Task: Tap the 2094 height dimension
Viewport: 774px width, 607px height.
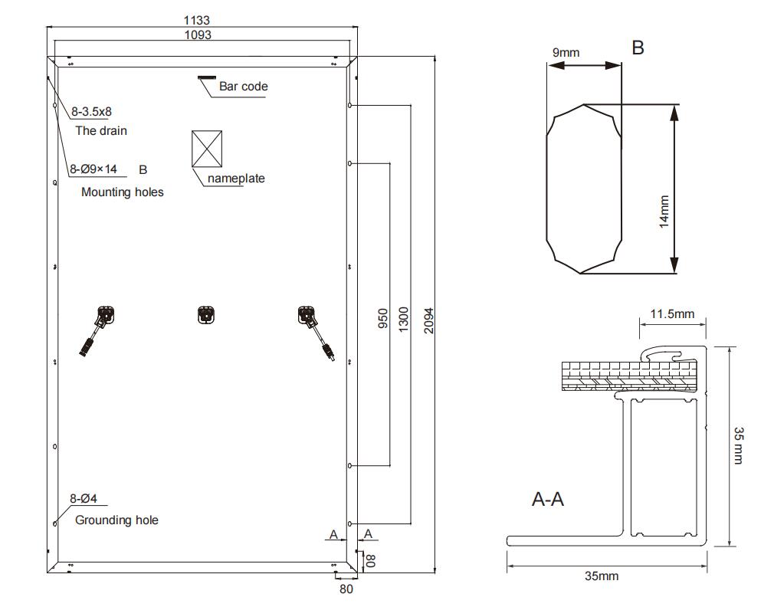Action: [x=428, y=318]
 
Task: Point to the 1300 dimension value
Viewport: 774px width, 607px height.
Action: [x=404, y=318]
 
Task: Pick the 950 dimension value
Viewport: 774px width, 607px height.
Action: [x=383, y=318]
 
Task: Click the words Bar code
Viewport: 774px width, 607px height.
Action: [x=244, y=87]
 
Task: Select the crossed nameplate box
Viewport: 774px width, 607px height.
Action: [x=207, y=148]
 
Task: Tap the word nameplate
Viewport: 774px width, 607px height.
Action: [x=236, y=179]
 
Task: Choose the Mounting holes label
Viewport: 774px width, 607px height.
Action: [x=123, y=192]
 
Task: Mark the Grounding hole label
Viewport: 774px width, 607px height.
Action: [x=116, y=520]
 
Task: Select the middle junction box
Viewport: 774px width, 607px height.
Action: [x=205, y=314]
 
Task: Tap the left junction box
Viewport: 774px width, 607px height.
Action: [x=105, y=315]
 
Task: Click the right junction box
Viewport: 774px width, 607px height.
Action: [x=306, y=315]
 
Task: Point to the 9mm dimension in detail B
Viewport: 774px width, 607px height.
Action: [x=566, y=53]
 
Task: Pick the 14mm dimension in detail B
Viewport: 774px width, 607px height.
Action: [x=664, y=211]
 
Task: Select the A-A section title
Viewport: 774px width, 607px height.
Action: [x=548, y=500]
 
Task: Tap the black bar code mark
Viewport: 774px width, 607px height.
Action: [x=207, y=77]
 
